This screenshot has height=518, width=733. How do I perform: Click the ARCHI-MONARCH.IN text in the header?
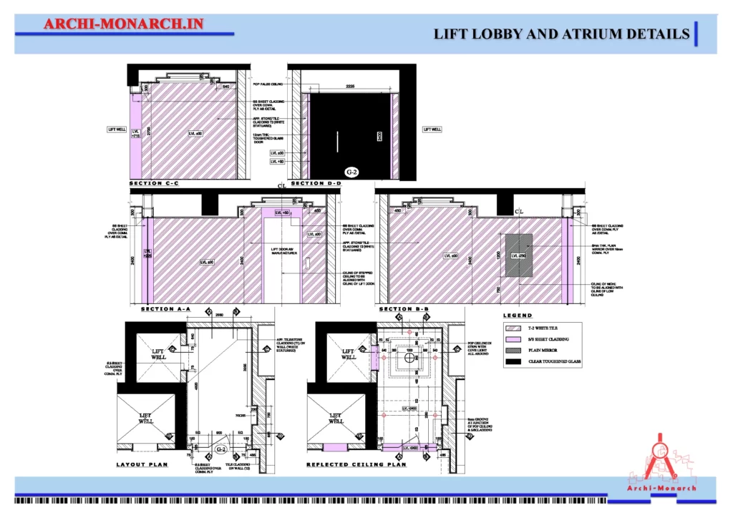coord(124,24)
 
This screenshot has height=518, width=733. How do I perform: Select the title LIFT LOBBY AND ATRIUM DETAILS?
coord(562,34)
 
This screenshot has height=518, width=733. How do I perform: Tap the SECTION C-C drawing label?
coord(154,184)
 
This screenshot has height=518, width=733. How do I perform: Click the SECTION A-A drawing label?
coord(165,309)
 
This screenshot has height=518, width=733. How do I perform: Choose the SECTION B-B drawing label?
coord(404,309)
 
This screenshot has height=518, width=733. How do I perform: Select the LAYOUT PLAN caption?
coord(142,464)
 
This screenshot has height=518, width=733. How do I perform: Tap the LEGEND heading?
coord(518,316)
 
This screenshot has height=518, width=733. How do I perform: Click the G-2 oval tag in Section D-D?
coord(351,172)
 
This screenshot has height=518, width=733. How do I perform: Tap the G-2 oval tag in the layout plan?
coord(221,449)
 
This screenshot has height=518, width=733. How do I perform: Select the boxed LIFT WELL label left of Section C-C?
coord(117,129)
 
